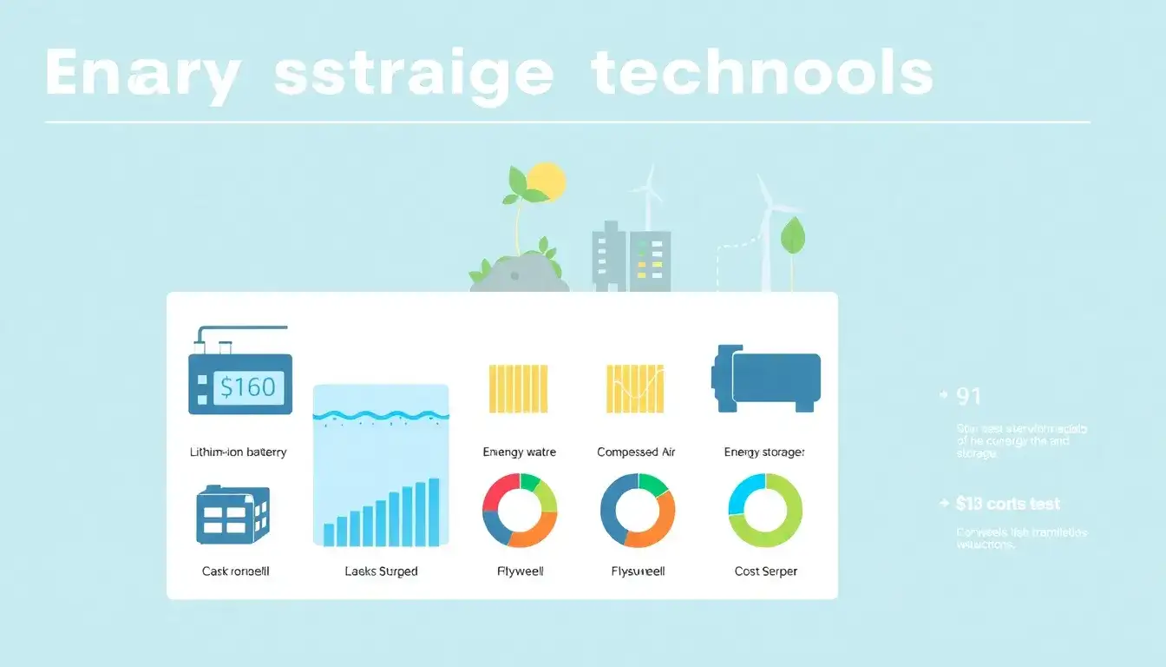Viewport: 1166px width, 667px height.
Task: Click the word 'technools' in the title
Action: point(762,75)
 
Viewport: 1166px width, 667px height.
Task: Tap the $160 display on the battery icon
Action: point(247,386)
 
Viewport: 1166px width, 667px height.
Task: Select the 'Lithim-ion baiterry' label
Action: point(238,452)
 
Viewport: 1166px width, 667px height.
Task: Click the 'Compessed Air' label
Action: point(636,452)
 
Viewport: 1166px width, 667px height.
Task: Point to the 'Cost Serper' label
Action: point(765,571)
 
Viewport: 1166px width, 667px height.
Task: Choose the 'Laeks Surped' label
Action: point(381,571)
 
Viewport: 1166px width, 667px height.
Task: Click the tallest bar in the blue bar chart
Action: point(434,512)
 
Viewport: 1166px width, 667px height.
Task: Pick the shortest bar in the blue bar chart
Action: point(329,534)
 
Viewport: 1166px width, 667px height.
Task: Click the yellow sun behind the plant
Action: point(547,180)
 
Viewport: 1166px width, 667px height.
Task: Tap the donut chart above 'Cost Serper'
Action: point(765,511)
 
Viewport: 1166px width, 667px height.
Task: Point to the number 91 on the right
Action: point(968,397)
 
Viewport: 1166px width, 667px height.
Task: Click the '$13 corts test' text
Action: point(1007,504)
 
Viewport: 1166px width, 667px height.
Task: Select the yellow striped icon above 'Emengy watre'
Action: point(519,388)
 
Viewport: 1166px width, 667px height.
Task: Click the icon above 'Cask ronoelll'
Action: point(233,515)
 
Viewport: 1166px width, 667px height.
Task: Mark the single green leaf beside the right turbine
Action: point(791,235)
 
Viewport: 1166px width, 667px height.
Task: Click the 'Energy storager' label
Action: point(764,452)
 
